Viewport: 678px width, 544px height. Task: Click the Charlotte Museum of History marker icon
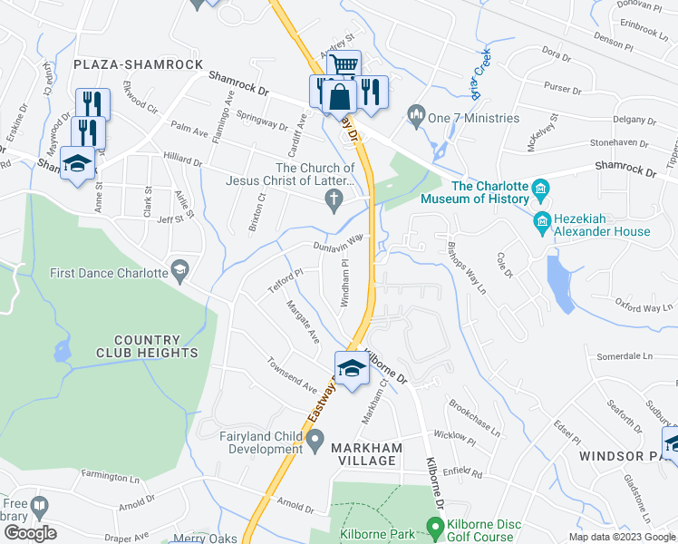pos(541,191)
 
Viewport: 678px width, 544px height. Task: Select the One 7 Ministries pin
pos(417,113)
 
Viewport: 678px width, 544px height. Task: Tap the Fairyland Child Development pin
pos(315,442)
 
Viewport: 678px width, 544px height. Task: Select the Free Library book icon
pos(40,506)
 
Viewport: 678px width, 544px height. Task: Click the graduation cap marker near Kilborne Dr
pos(352,367)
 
